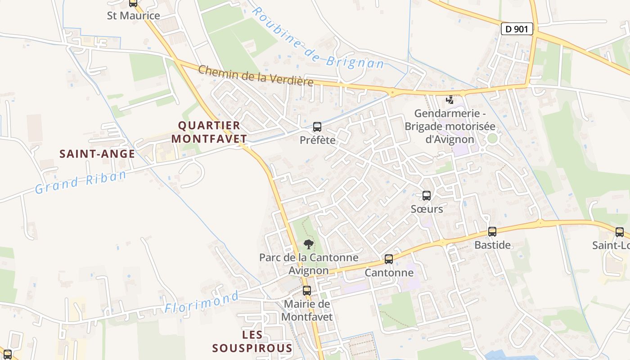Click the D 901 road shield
click(517, 29)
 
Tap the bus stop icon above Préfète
click(317, 127)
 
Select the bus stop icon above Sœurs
click(427, 196)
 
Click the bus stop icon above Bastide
click(492, 232)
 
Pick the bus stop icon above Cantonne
click(389, 259)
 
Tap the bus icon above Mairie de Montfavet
click(307, 291)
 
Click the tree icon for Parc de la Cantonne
click(308, 244)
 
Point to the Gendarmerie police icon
click(450, 99)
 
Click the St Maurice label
click(133, 16)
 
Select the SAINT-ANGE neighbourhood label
click(97, 154)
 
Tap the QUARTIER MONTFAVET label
click(209, 132)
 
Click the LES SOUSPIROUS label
click(252, 342)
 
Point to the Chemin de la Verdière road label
click(256, 75)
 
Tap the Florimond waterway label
click(202, 302)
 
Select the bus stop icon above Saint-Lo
click(620, 232)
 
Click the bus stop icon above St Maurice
click(133, 3)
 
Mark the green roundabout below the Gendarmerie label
click(492, 139)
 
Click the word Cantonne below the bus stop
click(389, 273)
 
